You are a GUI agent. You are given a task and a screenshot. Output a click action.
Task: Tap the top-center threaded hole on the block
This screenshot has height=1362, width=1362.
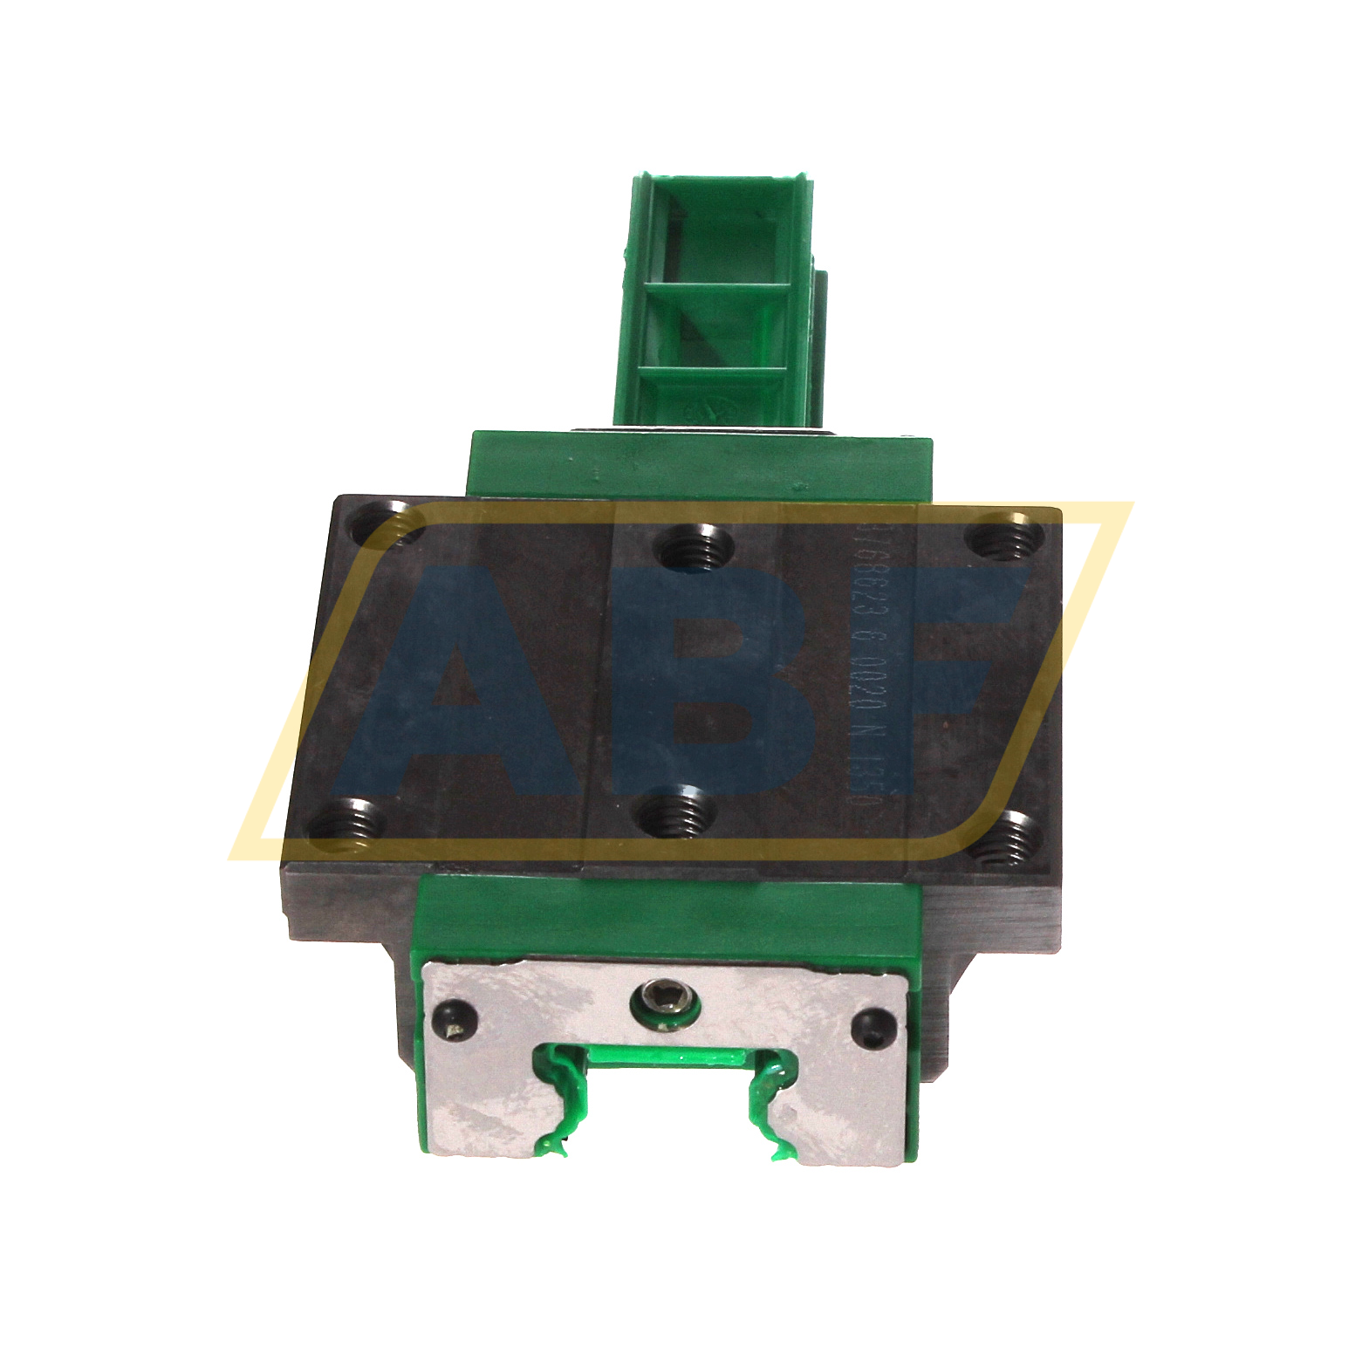[694, 549]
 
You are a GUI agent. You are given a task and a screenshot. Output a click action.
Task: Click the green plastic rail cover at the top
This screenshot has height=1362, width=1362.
[720, 297]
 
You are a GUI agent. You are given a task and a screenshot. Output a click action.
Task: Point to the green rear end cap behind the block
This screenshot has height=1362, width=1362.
[698, 467]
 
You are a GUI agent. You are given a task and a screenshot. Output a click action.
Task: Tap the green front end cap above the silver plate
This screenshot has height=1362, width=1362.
[663, 916]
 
